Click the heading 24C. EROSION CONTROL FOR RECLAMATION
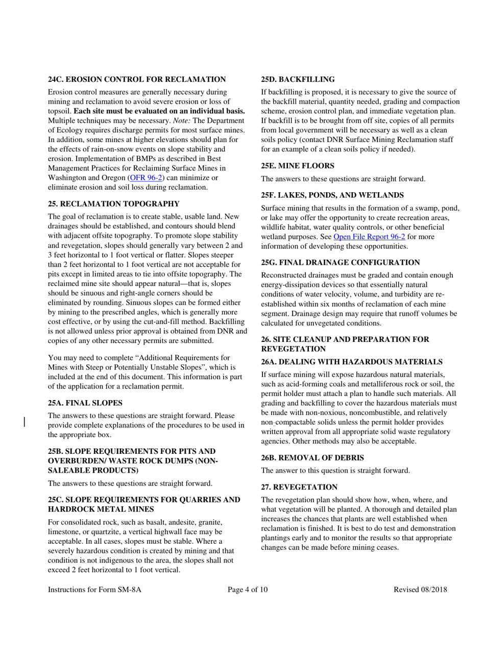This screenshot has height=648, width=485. (x=136, y=79)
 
